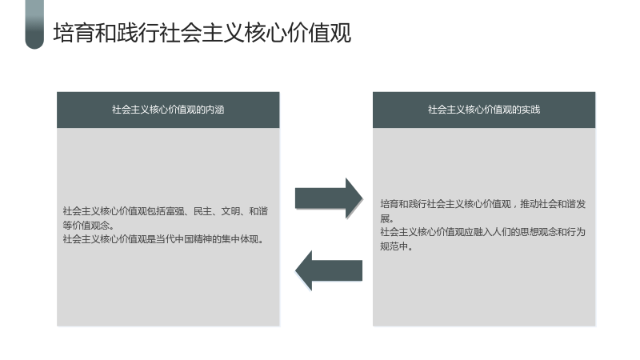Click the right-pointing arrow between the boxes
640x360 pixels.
pos(329,198)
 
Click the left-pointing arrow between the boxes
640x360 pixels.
pos(329,270)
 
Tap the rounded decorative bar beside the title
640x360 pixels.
pos(34,25)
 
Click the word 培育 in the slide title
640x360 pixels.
pos(64,33)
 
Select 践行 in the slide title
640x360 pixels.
pos(127,33)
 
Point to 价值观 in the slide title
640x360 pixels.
pos(319,33)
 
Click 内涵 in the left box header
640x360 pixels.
pos(215,110)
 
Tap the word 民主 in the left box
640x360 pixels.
pos(202,211)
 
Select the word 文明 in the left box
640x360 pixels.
pos(230,211)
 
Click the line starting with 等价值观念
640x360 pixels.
pos(89,225)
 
